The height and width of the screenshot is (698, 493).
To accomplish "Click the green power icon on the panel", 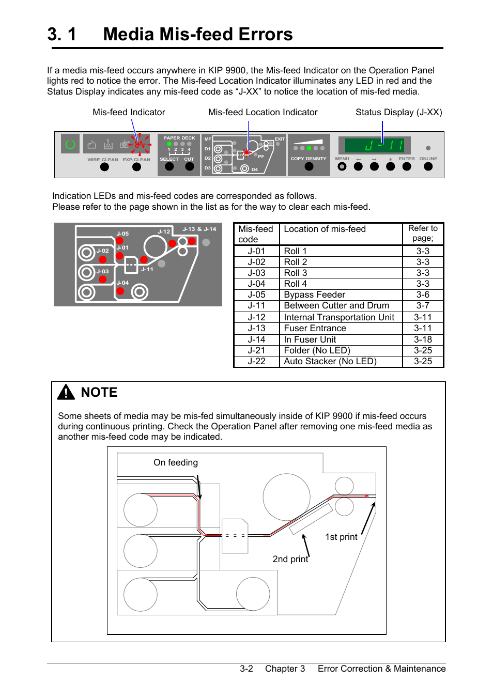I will tap(70, 144).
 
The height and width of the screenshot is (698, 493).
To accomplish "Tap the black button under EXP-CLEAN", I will tap(136, 167).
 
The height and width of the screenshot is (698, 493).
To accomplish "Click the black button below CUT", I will tap(189, 166).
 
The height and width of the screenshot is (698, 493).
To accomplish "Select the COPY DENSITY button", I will tap(309, 166).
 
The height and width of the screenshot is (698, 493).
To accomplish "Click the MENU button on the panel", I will tap(342, 166).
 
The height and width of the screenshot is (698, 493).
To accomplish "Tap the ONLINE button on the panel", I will tap(428, 166).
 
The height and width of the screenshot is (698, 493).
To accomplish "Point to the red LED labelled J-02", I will tap(103, 259).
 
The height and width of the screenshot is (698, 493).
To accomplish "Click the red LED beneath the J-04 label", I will tap(120, 291).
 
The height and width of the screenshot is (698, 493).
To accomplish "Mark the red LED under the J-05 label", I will tap(119, 241).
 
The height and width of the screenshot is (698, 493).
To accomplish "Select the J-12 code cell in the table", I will tap(256, 317).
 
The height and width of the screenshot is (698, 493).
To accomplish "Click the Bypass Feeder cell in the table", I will tap(314, 294).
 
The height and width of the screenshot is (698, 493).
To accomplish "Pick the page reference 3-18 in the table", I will tap(423, 339).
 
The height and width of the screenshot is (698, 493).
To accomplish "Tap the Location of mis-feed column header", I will tap(325, 229).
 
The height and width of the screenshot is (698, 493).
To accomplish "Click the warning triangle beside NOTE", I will tap(66, 393).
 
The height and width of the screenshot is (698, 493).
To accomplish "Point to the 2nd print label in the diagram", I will tap(290, 559).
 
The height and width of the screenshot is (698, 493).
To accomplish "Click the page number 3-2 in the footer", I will tap(246, 669).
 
